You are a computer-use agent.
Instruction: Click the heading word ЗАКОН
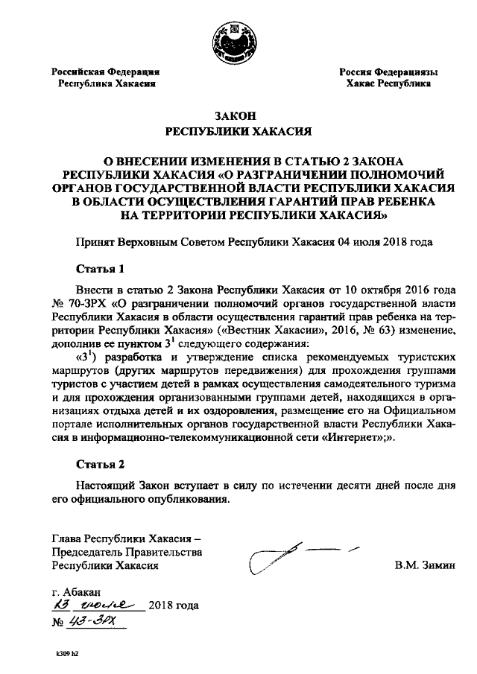pyautogui.click(x=236, y=116)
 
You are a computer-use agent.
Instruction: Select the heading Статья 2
pyautogui.click(x=100, y=464)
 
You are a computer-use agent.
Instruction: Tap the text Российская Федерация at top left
pyautogui.click(x=106, y=72)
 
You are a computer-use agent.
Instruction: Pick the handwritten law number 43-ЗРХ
pyautogui.click(x=101, y=620)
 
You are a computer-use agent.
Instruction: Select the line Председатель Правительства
pyautogui.click(x=127, y=552)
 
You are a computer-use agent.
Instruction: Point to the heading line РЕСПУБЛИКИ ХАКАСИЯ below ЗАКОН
pyautogui.click(x=236, y=133)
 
